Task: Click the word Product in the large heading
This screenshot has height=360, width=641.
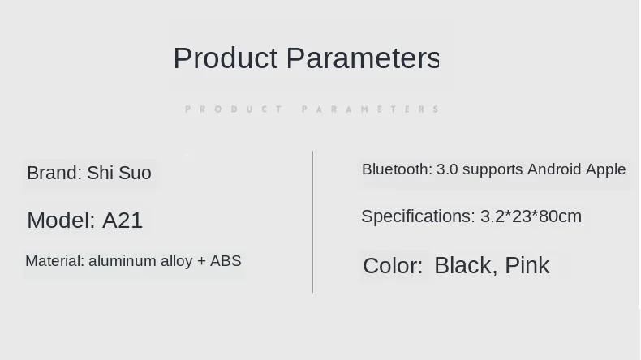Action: [x=226, y=58]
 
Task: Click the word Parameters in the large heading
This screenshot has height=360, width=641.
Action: [x=363, y=58]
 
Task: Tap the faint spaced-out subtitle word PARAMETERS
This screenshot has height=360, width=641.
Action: [x=370, y=109]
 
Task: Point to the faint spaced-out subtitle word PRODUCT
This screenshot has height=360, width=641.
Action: [x=234, y=109]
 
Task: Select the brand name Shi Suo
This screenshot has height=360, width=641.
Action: [x=119, y=173]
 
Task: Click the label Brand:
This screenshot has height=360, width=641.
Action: [x=55, y=173]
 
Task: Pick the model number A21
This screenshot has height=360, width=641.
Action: [x=123, y=221]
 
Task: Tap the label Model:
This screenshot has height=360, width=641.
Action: [x=61, y=221]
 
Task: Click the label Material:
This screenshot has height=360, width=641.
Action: [x=55, y=261]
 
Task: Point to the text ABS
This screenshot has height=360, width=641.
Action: [x=226, y=261]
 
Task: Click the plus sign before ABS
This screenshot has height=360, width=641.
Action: [x=201, y=261]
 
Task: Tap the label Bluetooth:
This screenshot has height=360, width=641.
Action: [x=397, y=169]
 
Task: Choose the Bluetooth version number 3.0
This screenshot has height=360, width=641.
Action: [x=447, y=169]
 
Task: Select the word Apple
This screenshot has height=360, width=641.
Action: [x=606, y=170]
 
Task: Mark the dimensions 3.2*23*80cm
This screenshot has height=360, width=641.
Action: [x=531, y=216]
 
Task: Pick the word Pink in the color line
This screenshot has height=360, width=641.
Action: [x=527, y=266]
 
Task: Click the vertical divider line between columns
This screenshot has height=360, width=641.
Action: [x=312, y=222]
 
